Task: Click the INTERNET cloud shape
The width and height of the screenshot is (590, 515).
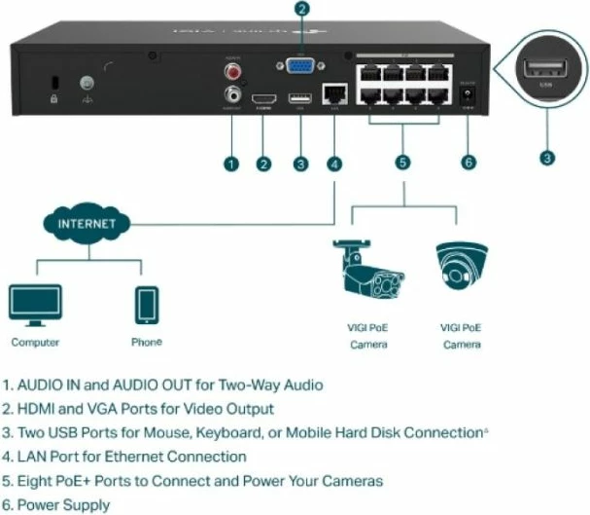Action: pyautogui.click(x=82, y=224)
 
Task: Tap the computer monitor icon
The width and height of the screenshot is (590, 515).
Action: pyautogui.click(x=35, y=305)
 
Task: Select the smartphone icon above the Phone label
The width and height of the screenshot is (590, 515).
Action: pyautogui.click(x=147, y=305)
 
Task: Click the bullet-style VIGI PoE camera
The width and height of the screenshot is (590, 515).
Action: pyautogui.click(x=366, y=274)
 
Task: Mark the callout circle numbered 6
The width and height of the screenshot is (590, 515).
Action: pyautogui.click(x=469, y=163)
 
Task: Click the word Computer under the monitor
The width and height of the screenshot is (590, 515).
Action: pyautogui.click(x=35, y=343)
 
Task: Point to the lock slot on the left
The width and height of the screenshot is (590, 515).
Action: pyautogui.click(x=53, y=84)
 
